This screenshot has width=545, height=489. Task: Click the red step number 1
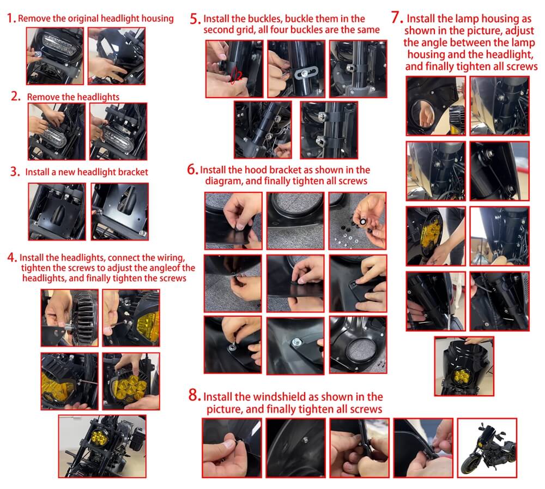tap(11, 18)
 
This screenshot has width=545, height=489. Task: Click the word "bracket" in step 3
tap(133, 172)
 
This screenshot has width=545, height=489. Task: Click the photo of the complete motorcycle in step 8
tap(487, 448)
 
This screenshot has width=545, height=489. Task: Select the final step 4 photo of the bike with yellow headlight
tap(102, 446)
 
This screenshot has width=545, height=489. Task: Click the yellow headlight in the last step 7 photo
tap(461, 377)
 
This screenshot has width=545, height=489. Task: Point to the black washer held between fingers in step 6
tap(363, 221)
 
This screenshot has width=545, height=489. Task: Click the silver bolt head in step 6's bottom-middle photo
tap(296, 342)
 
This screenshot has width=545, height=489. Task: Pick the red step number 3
tap(15, 172)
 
